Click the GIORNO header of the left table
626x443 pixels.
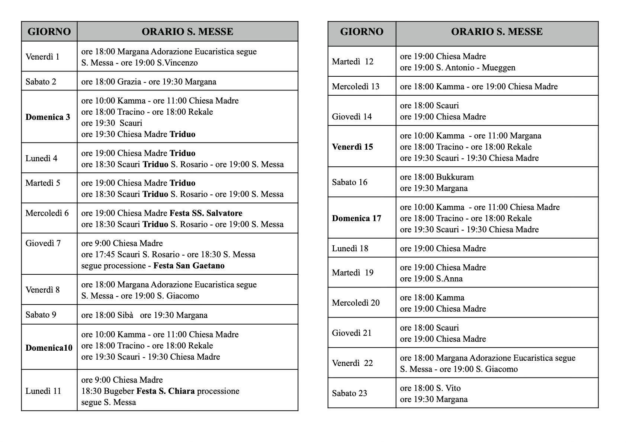coord(49,32)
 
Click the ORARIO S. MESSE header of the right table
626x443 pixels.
coord(497,32)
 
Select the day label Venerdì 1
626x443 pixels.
coord(42,57)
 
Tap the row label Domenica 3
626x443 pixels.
coord(48,117)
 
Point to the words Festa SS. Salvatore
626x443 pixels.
coord(206,213)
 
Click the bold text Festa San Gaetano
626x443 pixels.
coord(189,266)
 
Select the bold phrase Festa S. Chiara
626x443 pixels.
coord(166,391)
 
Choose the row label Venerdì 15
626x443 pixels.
coord(352,147)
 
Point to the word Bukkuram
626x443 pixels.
coord(455,177)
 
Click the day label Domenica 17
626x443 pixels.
coord(356,219)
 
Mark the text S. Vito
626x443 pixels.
coord(448,388)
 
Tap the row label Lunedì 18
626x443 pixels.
coord(350,249)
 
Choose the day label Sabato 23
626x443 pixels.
coord(349,393)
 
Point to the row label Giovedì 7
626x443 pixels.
coord(43,243)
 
